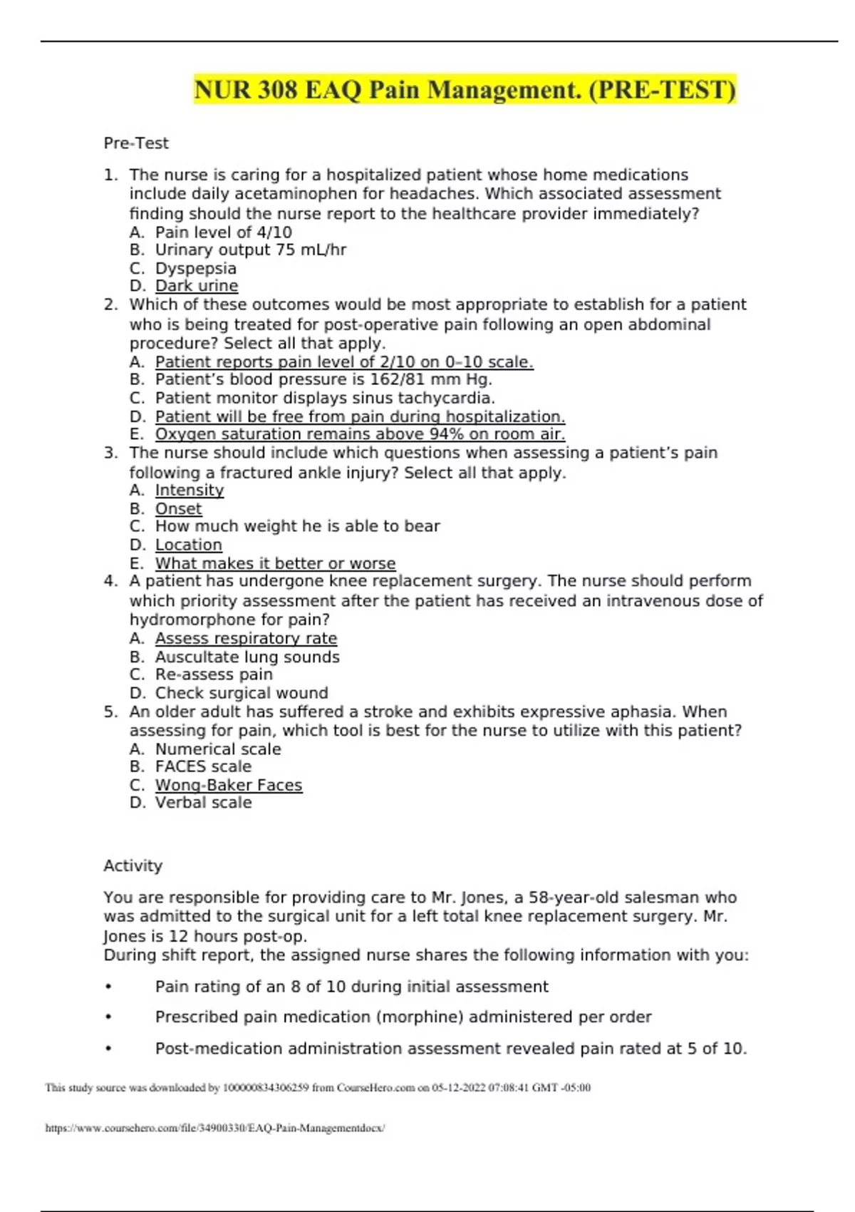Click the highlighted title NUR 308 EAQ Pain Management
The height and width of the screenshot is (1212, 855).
(465, 91)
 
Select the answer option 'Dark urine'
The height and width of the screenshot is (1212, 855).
(197, 286)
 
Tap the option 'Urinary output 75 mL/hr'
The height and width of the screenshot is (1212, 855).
(251, 250)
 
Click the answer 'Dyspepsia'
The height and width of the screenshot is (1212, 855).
(195, 268)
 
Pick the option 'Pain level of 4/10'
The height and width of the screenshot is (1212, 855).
(223, 232)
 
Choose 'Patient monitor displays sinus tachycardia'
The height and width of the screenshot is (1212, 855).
(325, 398)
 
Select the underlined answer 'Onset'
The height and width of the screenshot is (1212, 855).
(178, 508)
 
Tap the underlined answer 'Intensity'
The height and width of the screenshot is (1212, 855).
(190, 490)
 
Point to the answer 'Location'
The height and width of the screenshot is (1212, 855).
(189, 545)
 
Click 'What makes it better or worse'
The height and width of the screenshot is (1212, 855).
(275, 563)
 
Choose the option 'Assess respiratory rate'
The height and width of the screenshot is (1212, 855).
(246, 638)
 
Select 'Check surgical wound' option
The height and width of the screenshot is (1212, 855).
(242, 693)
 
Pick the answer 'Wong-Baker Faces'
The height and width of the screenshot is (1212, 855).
(229, 785)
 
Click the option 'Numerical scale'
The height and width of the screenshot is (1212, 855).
(218, 749)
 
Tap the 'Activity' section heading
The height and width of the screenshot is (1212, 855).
(133, 866)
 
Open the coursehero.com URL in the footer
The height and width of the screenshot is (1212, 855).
(214, 1128)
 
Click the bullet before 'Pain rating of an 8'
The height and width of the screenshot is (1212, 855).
(108, 987)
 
